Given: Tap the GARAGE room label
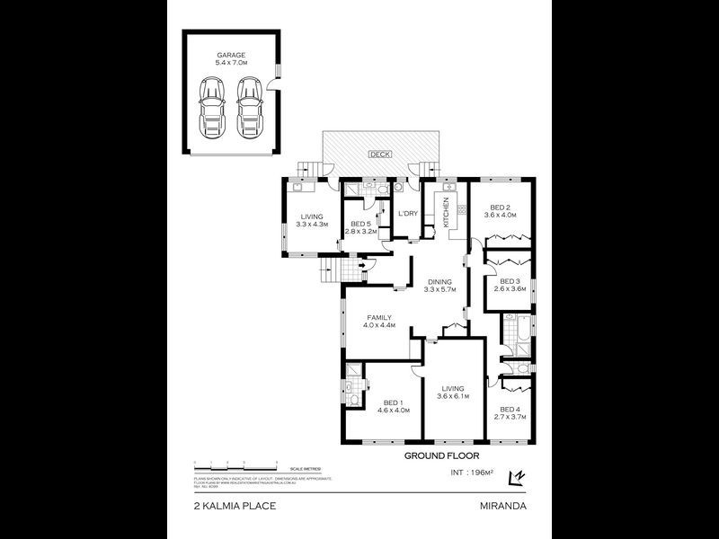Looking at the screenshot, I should tap(231, 56).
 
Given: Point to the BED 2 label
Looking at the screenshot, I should tap(501, 206).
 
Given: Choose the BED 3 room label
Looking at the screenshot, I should tap(509, 280).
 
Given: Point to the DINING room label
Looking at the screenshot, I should tap(439, 281).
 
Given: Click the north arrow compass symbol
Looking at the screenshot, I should tap(516, 477).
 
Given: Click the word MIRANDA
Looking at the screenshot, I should tap(504, 506).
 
